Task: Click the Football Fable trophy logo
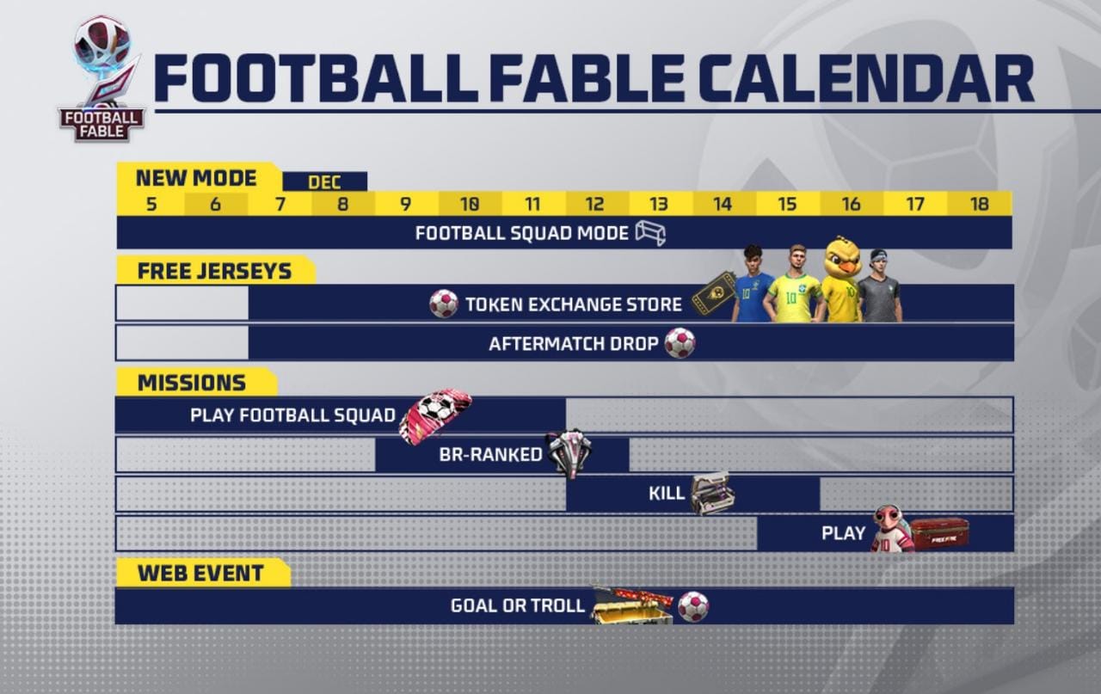[x=101, y=77]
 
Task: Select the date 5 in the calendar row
[x=151, y=205]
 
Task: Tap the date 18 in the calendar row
[x=979, y=205]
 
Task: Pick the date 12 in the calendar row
[x=594, y=205]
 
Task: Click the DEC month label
[x=324, y=182]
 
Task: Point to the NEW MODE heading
[x=196, y=178]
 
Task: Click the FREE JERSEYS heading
[x=214, y=271]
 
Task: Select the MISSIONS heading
[x=191, y=383]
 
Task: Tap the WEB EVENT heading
[x=200, y=573]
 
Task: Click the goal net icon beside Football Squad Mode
[x=650, y=233]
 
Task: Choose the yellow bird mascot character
[x=842, y=280]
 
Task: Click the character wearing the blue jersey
[x=753, y=286]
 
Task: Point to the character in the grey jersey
[x=878, y=288]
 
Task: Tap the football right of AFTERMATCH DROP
[x=680, y=343]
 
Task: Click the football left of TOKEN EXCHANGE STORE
[x=444, y=304]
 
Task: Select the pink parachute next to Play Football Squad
[x=435, y=416]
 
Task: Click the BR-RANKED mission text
[x=490, y=455]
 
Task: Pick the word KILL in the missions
[x=667, y=494]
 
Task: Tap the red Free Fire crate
[x=939, y=532]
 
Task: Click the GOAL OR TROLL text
[x=518, y=605]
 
